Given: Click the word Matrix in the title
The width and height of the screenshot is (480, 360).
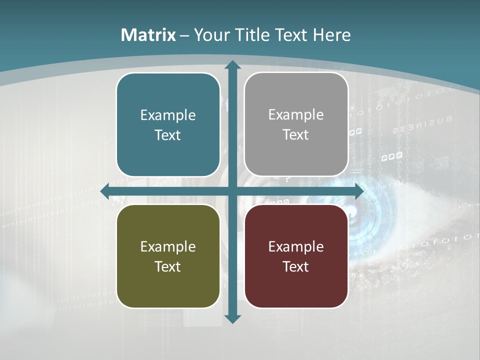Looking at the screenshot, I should pyautogui.click(x=148, y=35).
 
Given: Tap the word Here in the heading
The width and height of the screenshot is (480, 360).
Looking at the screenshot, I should pyautogui.click(x=331, y=35).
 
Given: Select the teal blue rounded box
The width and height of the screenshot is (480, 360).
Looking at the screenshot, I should pyautogui.click(x=168, y=124).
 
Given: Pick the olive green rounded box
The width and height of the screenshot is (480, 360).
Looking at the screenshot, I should pyautogui.click(x=168, y=256).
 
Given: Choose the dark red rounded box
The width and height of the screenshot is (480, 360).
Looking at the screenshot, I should pyautogui.click(x=296, y=256).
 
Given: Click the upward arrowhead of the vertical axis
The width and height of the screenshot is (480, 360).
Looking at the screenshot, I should pyautogui.click(x=232, y=65).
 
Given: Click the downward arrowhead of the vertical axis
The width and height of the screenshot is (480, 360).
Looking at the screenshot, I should pyautogui.click(x=232, y=318).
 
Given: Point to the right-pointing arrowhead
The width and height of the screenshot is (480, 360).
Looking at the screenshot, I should pyautogui.click(x=358, y=191).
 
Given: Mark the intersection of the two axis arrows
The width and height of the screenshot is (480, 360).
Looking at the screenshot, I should pyautogui.click(x=232, y=191).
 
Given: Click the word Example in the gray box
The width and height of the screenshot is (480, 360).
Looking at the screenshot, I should pyautogui.click(x=296, y=114).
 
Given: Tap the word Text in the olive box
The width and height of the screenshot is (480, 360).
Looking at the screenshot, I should pyautogui.click(x=168, y=266).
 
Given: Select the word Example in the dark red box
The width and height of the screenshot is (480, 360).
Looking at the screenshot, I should pyautogui.click(x=296, y=246).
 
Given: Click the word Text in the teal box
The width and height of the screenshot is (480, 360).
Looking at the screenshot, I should pyautogui.click(x=168, y=135).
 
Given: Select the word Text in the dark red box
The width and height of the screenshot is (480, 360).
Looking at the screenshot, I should pyautogui.click(x=296, y=266).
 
